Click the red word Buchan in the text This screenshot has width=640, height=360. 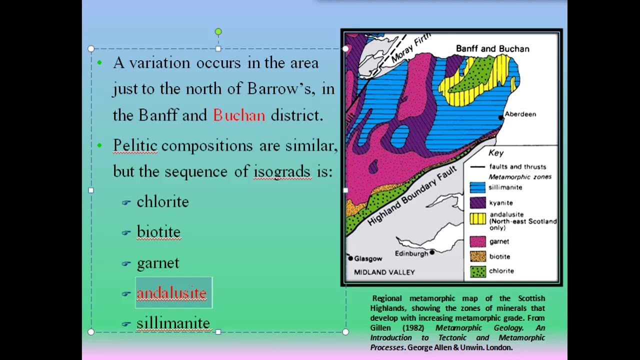pos(239,115)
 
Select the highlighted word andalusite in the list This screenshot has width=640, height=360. pos(171,293)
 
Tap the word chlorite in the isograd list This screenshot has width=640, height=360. pos(162,202)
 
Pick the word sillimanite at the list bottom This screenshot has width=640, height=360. pos(173,323)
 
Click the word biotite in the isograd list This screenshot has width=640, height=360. pos(158,232)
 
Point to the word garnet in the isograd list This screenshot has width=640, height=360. pos(157,263)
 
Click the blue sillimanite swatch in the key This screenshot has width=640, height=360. pos(477,187)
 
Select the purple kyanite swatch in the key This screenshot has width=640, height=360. pos(477,202)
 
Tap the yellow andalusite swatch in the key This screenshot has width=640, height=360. pos(477,218)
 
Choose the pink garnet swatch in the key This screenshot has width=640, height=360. pos(477,241)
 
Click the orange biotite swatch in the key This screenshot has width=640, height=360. pos(477,256)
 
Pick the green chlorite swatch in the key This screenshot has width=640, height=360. pos(477,271)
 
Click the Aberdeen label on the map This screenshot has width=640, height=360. pos(520,114)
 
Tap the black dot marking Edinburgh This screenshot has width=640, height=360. pos(432,252)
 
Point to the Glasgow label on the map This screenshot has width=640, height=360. pos(368,258)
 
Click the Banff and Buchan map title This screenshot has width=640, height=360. pos(492,49)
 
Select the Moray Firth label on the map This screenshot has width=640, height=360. pos(411,49)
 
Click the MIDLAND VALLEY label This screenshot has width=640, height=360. pos(384,272)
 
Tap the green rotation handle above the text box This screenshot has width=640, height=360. pos(218,32)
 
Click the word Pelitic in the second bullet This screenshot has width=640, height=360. pos(135,145)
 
